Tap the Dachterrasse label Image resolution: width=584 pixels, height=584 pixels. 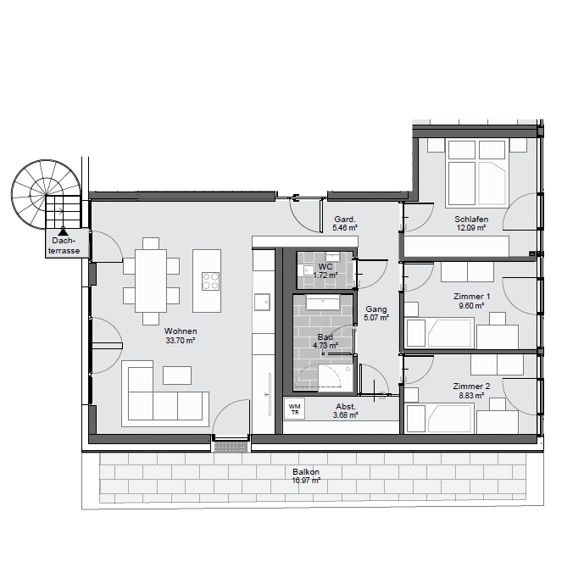[x=64, y=246]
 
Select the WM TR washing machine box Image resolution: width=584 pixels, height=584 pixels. [x=294, y=409]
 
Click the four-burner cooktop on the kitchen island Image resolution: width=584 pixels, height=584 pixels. [x=210, y=281]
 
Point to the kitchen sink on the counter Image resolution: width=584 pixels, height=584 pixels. [x=262, y=302]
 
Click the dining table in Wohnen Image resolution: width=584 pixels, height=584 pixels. [x=151, y=281]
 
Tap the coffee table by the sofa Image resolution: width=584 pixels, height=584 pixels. [x=177, y=375]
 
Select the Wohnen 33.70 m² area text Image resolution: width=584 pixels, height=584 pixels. [x=181, y=336]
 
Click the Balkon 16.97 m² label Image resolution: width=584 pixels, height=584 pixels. [x=306, y=476]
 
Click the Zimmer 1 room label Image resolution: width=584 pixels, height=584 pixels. [x=471, y=297]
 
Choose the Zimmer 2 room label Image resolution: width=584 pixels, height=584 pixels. [x=471, y=387]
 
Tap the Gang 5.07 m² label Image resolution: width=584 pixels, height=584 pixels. [x=376, y=314]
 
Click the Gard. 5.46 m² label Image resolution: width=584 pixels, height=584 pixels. [x=345, y=223]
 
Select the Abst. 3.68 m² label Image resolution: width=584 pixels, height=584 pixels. [x=346, y=410]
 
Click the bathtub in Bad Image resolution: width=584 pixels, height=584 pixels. [x=323, y=302]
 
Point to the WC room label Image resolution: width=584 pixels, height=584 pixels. [x=325, y=267]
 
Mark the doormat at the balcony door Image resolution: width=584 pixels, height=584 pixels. [x=231, y=447]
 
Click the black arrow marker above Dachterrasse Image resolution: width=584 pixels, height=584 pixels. [x=63, y=231]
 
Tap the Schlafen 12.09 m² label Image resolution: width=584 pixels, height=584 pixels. [x=471, y=224]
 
